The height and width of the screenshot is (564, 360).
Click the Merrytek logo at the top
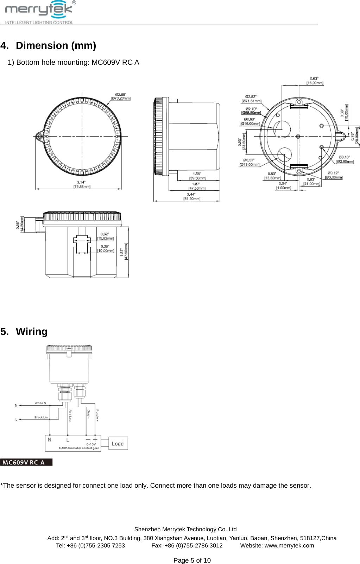point(39,12)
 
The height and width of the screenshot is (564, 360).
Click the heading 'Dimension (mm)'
point(56,46)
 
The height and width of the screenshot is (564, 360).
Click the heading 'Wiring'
point(31,332)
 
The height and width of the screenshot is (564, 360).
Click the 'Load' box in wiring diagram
point(118,444)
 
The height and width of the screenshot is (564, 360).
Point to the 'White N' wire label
point(40,403)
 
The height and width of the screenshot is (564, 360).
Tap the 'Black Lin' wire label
point(41,418)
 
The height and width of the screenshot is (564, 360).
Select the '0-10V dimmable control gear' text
point(79,448)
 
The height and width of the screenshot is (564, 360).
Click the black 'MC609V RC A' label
point(26,462)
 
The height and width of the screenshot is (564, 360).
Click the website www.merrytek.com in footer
point(289,546)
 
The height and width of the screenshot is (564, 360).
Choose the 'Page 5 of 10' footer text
point(192,560)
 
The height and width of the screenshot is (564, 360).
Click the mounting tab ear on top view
point(39,136)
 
